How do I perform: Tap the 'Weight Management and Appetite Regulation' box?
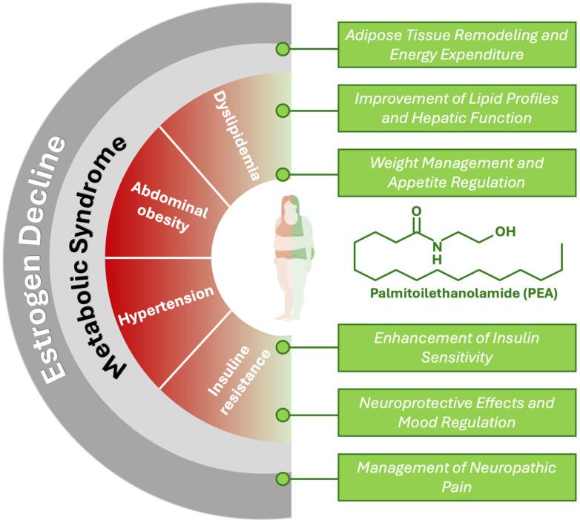coord(455,171)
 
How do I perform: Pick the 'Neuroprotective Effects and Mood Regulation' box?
coord(455,412)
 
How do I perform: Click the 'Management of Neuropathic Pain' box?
coord(455,478)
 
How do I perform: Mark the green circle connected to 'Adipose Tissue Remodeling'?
coord(282,49)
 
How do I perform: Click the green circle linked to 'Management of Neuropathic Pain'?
coord(282,478)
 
